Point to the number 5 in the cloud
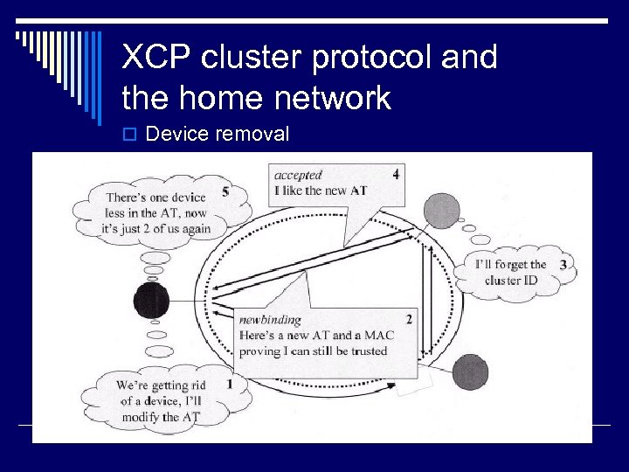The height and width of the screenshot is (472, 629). point(226,191)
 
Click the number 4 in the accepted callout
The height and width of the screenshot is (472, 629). point(396,174)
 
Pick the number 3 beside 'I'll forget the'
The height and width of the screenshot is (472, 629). point(563,264)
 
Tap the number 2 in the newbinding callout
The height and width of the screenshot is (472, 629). point(408,319)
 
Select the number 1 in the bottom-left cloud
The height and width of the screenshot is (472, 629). point(229,383)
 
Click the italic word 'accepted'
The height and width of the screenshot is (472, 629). point(298,175)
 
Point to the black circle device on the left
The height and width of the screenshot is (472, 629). point(151,302)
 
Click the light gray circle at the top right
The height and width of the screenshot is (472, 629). point(441,211)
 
